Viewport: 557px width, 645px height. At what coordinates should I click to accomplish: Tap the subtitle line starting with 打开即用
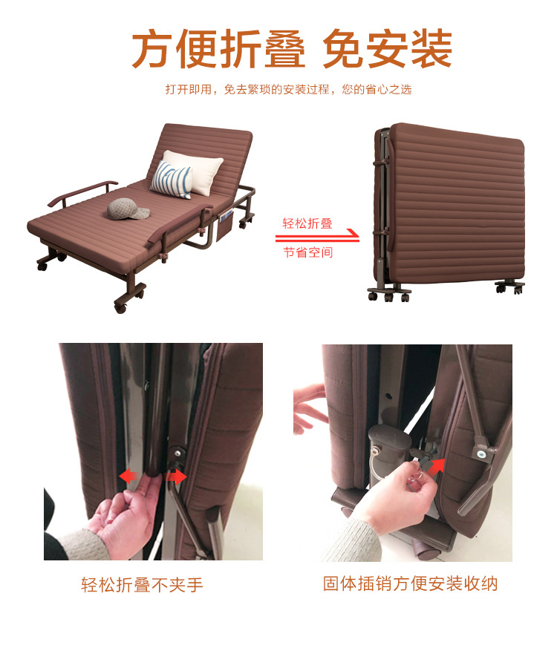288,90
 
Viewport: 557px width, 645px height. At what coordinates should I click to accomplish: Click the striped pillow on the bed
171,179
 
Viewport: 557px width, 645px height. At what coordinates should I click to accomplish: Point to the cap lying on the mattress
128,209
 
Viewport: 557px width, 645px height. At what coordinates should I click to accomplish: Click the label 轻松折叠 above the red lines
307,223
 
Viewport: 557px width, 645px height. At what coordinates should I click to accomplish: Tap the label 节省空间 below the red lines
307,252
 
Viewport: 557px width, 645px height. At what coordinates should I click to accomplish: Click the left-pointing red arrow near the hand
127,475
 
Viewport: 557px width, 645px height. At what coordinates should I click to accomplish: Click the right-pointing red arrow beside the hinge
176,477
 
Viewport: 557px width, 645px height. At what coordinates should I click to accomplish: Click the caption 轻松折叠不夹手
142,585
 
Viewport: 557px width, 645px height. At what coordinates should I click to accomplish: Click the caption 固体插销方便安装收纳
410,584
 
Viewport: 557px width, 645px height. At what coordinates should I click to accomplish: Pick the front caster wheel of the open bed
121,305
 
